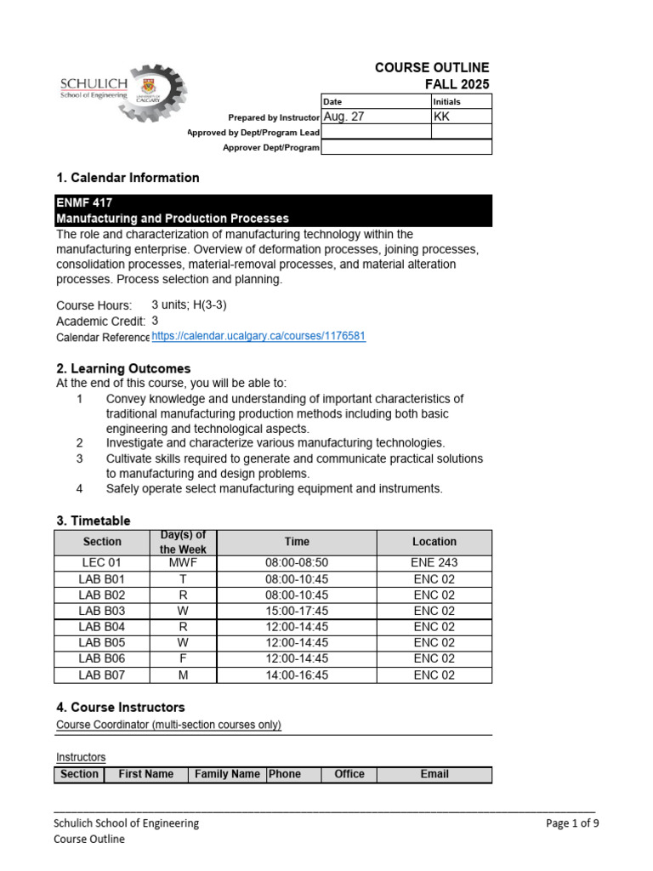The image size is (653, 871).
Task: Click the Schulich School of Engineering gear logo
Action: pyautogui.click(x=124, y=93)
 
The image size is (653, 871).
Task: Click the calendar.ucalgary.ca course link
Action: pyautogui.click(x=258, y=336)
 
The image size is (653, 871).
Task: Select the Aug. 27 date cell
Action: pyautogui.click(x=376, y=117)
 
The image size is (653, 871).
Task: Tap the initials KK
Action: pyautogui.click(x=442, y=117)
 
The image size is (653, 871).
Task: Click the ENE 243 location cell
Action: pyautogui.click(x=434, y=563)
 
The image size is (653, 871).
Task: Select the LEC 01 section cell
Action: pyautogui.click(x=102, y=563)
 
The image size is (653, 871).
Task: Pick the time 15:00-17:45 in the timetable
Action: pyautogui.click(x=297, y=611)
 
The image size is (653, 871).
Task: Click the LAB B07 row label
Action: pyautogui.click(x=102, y=675)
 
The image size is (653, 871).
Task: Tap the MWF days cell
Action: pyautogui.click(x=183, y=563)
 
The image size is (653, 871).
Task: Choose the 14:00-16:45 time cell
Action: pyautogui.click(x=297, y=675)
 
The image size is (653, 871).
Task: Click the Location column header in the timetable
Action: pyautogui.click(x=434, y=542)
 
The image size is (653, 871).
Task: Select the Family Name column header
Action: pyautogui.click(x=227, y=774)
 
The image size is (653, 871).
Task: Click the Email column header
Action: pyautogui.click(x=434, y=774)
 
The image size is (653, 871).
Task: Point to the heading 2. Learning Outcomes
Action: pyautogui.click(x=123, y=368)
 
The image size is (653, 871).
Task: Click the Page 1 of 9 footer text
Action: pyautogui.click(x=572, y=823)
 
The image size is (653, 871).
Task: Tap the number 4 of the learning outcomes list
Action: pyautogui.click(x=79, y=489)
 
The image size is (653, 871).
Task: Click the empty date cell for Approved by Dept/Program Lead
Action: pyautogui.click(x=376, y=132)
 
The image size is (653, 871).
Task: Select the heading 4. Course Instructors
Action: pyautogui.click(x=120, y=707)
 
